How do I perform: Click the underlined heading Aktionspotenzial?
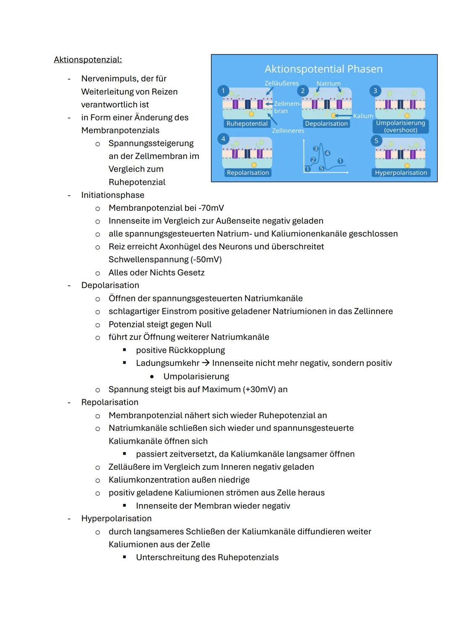[88, 60]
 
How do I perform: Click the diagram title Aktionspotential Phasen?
[323, 69]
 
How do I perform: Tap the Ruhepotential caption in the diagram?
[247, 124]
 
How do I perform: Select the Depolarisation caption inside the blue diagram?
[326, 124]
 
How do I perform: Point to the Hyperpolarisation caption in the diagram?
[401, 173]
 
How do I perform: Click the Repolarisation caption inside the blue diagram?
[248, 173]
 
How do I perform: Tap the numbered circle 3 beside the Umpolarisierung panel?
[375, 91]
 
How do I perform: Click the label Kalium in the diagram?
[363, 116]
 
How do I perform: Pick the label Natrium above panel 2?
[328, 84]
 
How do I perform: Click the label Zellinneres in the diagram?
[288, 131]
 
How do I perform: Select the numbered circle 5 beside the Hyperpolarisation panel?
[376, 141]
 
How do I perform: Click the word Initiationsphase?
[112, 195]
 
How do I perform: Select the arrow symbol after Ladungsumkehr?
[206, 363]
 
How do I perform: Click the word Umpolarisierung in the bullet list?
[196, 377]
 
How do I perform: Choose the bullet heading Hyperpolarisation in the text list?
[116, 519]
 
